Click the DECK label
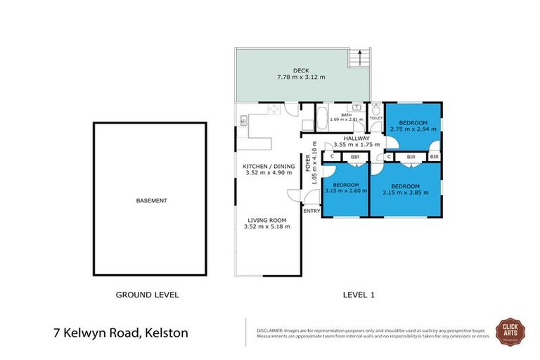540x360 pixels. point(301,70)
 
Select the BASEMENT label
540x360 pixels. point(151,201)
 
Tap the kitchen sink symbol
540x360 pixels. point(243,121)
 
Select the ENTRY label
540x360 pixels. point(311,211)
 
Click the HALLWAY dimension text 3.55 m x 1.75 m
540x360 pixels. point(346,145)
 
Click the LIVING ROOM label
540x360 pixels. point(266,219)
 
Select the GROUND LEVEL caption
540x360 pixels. point(147,295)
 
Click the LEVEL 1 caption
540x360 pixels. point(357,295)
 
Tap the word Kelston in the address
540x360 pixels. point(166,332)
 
